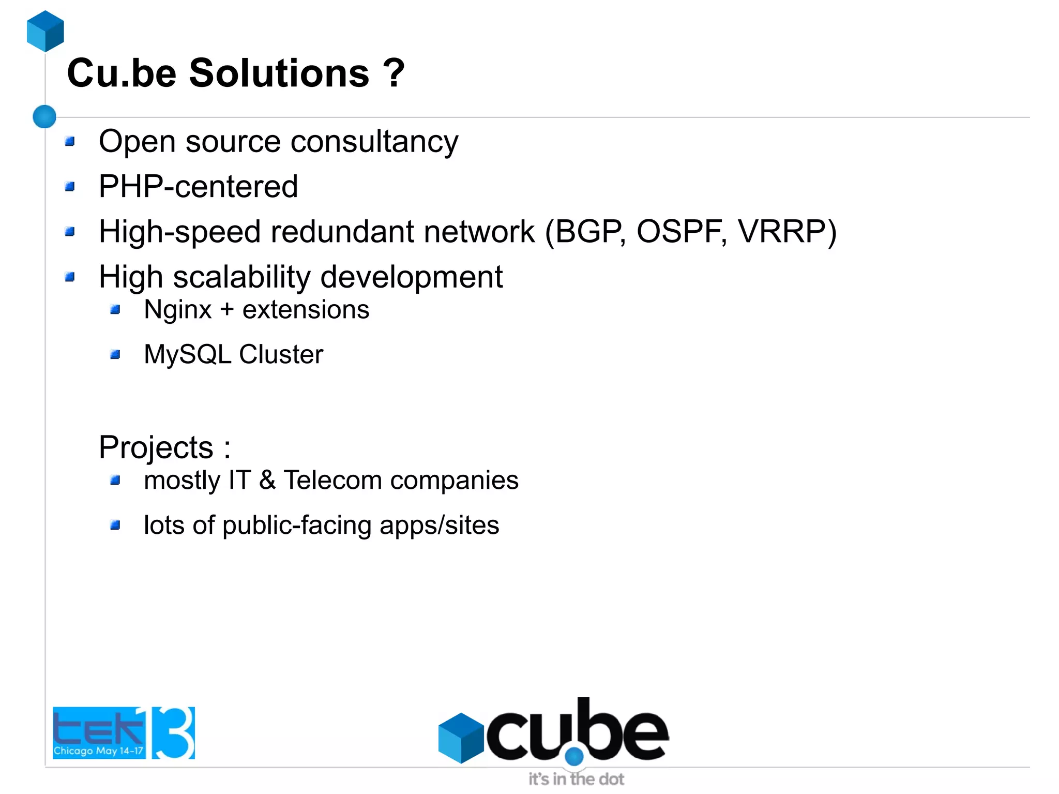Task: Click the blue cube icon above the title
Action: pyautogui.click(x=46, y=31)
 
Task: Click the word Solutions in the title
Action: pyautogui.click(x=279, y=73)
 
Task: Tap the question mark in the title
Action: pyautogui.click(x=394, y=73)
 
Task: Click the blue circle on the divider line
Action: pyautogui.click(x=44, y=116)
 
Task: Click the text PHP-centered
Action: pyautogui.click(x=198, y=187)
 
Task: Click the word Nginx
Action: pyautogui.click(x=177, y=310)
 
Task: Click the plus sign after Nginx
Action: pyautogui.click(x=227, y=310)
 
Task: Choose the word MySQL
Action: pyautogui.click(x=187, y=355)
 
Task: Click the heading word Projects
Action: pyautogui.click(x=156, y=447)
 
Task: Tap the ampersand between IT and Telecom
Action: pyautogui.click(x=267, y=480)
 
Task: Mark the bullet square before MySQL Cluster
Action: pyautogui.click(x=115, y=355)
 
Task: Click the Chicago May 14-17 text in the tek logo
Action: pyautogui.click(x=98, y=750)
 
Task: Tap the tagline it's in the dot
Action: pyautogui.click(x=576, y=778)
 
